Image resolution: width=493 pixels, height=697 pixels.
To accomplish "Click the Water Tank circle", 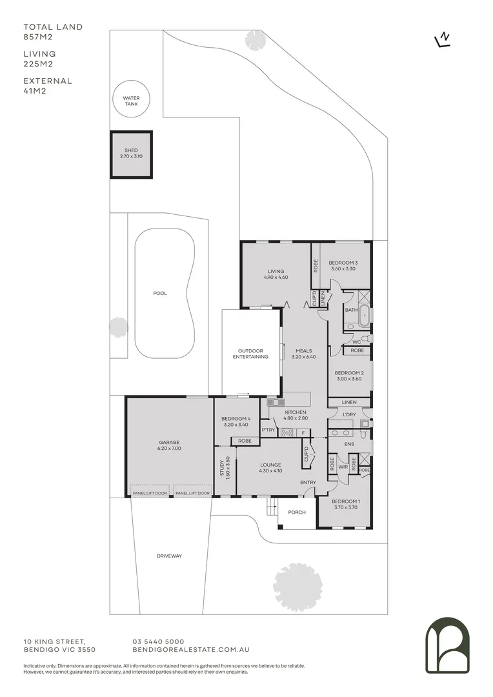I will [131, 101].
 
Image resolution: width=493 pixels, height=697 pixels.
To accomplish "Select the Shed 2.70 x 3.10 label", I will [131, 154].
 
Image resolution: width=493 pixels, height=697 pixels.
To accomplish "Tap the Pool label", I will [160, 293].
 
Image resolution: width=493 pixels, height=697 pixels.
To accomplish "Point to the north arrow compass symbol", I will [443, 40].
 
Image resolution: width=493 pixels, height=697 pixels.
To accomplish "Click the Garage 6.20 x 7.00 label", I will [169, 445].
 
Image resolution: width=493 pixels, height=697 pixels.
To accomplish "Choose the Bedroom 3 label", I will [343, 266].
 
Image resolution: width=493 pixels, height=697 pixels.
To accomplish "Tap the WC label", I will [356, 341].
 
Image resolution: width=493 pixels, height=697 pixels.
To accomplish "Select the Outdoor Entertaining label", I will [250, 354].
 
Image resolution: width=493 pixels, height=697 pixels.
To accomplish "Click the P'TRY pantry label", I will [268, 430].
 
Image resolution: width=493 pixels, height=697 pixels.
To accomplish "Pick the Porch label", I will [297, 512].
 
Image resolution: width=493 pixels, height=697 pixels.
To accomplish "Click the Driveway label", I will [170, 556].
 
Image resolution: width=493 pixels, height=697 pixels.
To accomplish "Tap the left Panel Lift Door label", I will [149, 493].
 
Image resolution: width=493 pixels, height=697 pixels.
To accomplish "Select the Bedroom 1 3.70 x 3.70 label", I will [345, 504].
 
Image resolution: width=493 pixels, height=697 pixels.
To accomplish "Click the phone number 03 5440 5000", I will [158, 641].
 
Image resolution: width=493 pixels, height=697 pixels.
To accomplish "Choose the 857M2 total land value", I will [39, 37].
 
